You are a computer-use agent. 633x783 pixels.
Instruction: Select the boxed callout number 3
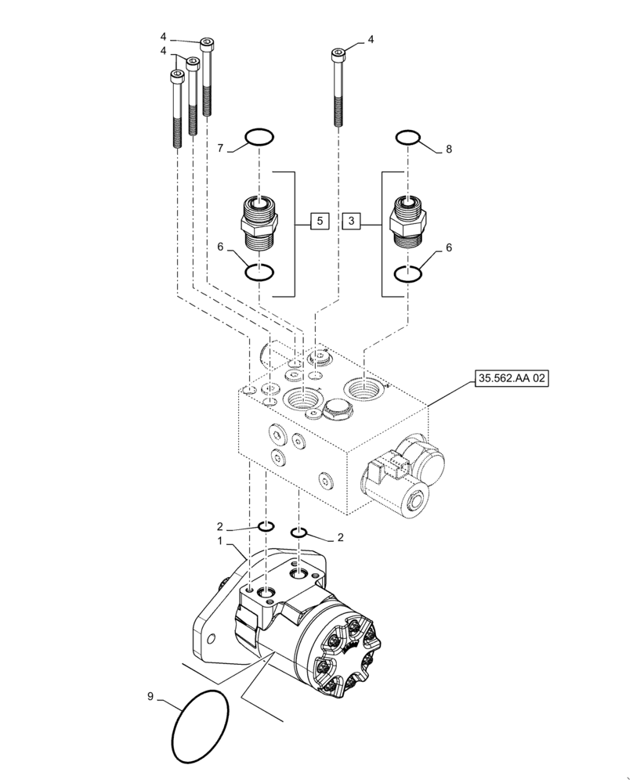pyautogui.click(x=353, y=222)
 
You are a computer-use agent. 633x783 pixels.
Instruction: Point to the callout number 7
pyautogui.click(x=221, y=148)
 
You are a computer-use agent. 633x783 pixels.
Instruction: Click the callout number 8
pyautogui.click(x=448, y=148)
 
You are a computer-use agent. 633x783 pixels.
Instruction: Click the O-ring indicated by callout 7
pyautogui.click(x=259, y=139)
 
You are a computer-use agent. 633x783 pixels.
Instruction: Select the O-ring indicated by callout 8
pyautogui.click(x=407, y=139)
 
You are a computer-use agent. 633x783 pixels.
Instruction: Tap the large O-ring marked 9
pyautogui.click(x=201, y=725)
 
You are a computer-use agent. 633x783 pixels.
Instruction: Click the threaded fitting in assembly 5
pyautogui.click(x=259, y=222)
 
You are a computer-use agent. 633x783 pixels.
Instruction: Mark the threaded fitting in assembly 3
pyautogui.click(x=407, y=222)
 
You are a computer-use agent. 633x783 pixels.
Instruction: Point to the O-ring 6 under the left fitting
pyautogui.click(x=259, y=272)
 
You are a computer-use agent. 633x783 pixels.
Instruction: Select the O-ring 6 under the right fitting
pyautogui.click(x=407, y=274)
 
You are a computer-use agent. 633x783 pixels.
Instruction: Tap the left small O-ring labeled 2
pyautogui.click(x=266, y=525)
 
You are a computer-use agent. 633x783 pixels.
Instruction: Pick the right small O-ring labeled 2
pyautogui.click(x=298, y=533)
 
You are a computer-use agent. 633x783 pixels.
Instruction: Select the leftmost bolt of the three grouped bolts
pyautogui.click(x=175, y=110)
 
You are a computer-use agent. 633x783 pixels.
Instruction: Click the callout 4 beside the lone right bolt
pyautogui.click(x=371, y=39)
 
